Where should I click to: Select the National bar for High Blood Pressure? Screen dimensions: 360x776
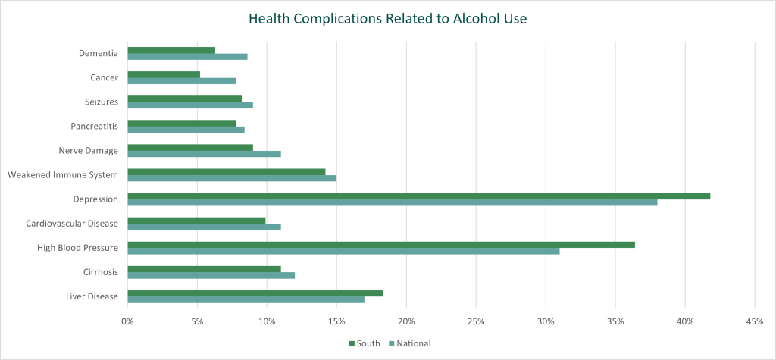point(343,251)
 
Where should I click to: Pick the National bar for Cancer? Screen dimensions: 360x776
point(182,80)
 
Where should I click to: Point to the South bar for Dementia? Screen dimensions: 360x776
point(171,50)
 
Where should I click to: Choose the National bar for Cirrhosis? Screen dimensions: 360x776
point(211,275)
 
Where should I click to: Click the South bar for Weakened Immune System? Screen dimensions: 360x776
point(226,171)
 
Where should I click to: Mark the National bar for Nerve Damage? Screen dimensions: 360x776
point(204,154)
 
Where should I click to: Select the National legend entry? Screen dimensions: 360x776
point(409,343)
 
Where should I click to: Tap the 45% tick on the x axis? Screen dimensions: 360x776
point(754,322)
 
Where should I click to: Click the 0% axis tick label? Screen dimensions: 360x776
point(127,322)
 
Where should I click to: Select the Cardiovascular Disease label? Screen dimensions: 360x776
point(72,223)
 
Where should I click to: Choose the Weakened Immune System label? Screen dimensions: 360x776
point(63,174)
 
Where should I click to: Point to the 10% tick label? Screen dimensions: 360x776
point(267,322)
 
